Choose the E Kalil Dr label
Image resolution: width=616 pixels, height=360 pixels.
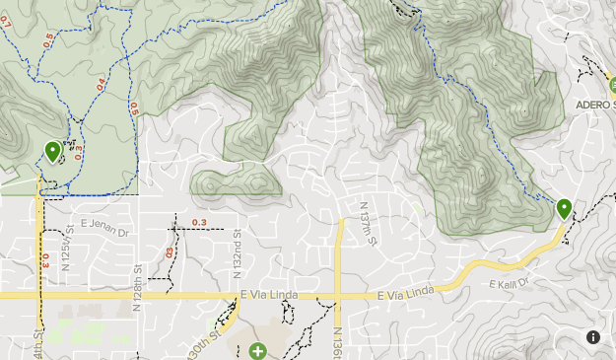(510, 283)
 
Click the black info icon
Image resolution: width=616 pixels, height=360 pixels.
(594, 337)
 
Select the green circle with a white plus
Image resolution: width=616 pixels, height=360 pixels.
(257, 350)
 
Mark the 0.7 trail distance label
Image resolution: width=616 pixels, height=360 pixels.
(4, 22)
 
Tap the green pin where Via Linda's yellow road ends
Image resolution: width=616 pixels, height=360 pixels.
(564, 208)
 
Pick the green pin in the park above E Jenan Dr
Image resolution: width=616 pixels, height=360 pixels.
(52, 151)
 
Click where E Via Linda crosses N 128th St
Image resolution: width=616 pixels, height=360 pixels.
(139, 295)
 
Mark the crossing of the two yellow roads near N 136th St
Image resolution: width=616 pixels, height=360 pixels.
(338, 295)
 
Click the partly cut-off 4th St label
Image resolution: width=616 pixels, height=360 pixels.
(38, 345)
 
